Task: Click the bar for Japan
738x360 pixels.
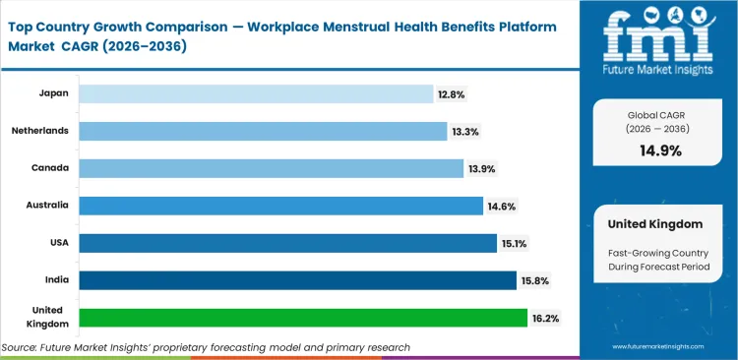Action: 256,93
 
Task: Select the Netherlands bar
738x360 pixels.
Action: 263,131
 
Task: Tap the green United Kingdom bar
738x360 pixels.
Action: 303,318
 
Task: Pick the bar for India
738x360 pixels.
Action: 297,280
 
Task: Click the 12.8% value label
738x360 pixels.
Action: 452,94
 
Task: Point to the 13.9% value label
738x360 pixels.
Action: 481,169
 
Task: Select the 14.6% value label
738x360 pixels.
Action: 501,207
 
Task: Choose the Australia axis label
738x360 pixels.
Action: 48,205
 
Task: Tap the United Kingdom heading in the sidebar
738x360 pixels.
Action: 654,224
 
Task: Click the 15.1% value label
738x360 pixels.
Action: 514,244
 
